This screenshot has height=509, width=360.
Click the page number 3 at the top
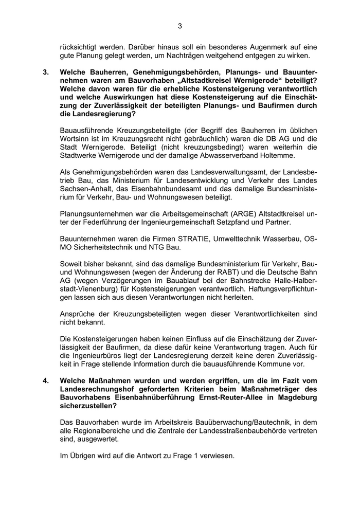(x=180, y=26)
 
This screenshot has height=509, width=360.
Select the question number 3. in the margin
(x=46, y=72)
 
